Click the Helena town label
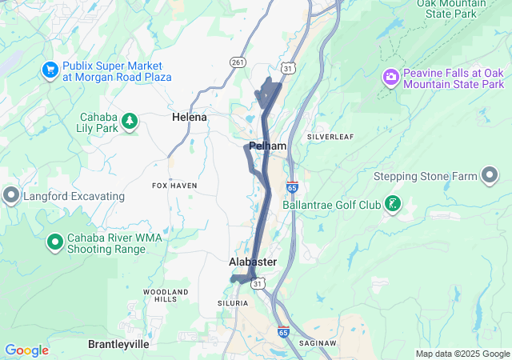click(190, 117)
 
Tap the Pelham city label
click(267, 146)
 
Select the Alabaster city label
click(253, 262)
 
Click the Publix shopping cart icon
click(50, 70)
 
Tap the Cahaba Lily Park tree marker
click(129, 122)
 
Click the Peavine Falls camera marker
click(391, 78)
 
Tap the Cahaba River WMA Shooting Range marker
click(54, 241)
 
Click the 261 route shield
click(237, 62)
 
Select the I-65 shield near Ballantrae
click(293, 186)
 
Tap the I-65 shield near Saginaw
click(283, 330)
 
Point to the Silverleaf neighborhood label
click(330, 137)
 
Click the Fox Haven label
click(174, 186)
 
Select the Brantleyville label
click(118, 343)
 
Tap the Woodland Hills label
click(166, 294)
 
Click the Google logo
click(26, 350)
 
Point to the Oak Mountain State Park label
click(453, 9)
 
